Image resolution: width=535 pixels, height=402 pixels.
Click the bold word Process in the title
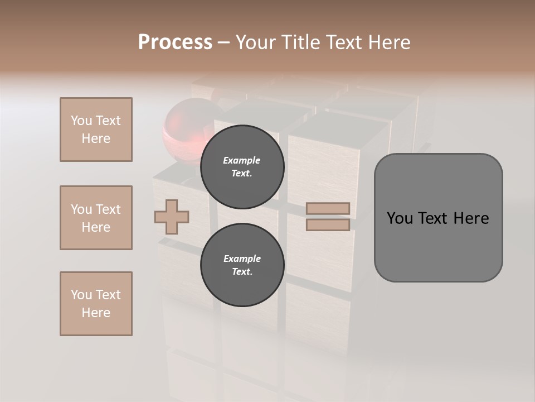pos(175,42)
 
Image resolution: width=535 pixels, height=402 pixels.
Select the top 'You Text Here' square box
pos(96,130)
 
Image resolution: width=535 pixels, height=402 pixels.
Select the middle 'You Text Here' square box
pos(96,218)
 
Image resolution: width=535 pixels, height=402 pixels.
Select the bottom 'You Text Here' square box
pos(96,304)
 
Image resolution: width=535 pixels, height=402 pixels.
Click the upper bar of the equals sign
pos(328,209)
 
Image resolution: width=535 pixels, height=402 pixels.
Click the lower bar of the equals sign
pos(328,225)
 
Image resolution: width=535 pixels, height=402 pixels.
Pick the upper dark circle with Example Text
pos(242,167)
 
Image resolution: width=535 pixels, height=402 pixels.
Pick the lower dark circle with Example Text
pos(242,265)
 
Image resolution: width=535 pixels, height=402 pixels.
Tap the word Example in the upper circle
pos(242,160)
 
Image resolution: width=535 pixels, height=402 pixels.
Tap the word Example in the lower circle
pos(242,259)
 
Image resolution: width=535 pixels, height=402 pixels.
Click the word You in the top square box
pos(80,121)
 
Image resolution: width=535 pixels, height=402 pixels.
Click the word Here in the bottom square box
pos(96,313)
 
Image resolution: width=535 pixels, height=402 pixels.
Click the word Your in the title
pos(255,42)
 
